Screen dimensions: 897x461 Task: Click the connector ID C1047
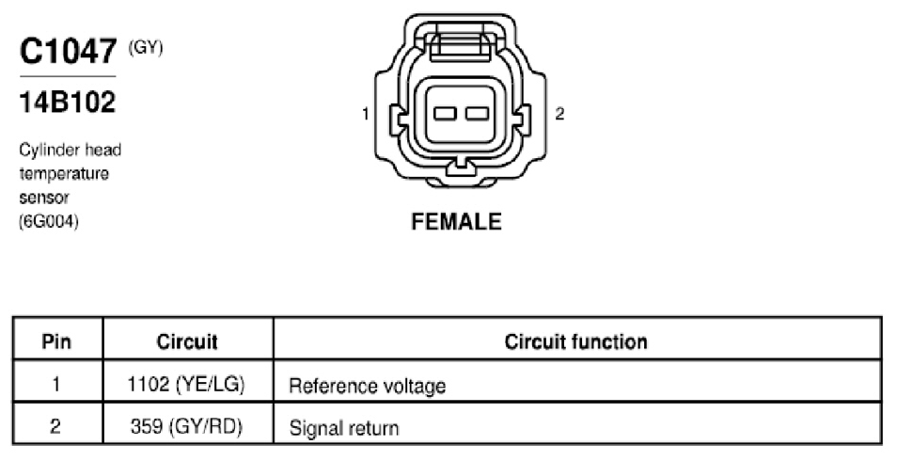click(69, 51)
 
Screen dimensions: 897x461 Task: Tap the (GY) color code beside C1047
click(146, 48)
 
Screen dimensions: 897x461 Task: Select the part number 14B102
click(68, 103)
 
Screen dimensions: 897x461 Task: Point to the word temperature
click(64, 173)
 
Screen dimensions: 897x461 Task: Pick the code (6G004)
click(49, 221)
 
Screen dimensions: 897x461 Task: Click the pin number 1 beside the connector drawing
click(366, 114)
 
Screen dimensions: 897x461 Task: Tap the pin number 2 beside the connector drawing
click(559, 114)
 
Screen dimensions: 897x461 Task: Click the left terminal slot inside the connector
click(445, 114)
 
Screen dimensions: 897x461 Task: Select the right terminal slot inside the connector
click(477, 114)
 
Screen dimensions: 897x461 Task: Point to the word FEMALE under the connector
click(457, 222)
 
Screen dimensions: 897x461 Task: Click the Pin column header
click(56, 342)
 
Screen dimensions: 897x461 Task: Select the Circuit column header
click(187, 342)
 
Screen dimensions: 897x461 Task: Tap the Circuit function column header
click(576, 342)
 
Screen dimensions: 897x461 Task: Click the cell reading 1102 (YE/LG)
click(186, 384)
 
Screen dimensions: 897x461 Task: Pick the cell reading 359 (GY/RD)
click(186, 426)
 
